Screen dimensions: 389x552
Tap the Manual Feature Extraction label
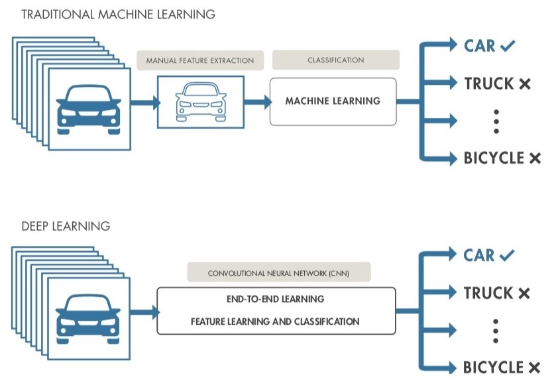200,60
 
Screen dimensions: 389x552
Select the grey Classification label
335,60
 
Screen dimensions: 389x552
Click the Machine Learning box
333,101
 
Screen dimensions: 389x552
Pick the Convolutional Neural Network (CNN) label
278,272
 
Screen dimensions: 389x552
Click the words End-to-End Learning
276,299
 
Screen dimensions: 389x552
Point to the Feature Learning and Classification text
276,321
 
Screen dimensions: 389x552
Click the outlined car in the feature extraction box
201,101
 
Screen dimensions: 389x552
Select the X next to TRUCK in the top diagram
525,84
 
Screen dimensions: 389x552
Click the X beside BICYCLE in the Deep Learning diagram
534,368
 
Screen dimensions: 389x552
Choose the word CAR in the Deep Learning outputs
480,255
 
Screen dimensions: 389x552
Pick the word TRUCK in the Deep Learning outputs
489,293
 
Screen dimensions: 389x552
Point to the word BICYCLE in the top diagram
494,158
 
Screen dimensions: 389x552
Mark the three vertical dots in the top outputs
496,122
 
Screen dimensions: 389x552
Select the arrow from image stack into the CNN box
142,310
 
